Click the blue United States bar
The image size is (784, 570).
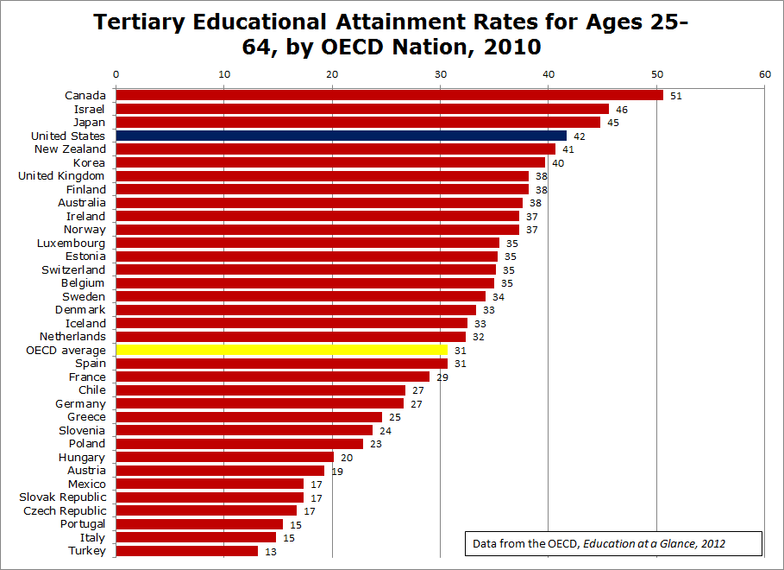click(x=341, y=136)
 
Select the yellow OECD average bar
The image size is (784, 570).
click(x=282, y=350)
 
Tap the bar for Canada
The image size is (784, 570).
click(x=389, y=95)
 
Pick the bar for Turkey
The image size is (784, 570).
click(x=186, y=551)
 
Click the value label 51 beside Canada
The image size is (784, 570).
click(x=675, y=96)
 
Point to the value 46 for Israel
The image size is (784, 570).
click(x=621, y=110)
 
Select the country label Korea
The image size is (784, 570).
click(x=89, y=162)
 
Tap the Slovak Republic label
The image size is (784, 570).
click(x=63, y=497)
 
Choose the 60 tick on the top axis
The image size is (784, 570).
click(x=764, y=74)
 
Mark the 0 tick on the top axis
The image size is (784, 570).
click(x=116, y=74)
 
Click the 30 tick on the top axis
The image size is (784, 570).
click(x=440, y=74)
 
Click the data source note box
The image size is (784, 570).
click(x=613, y=543)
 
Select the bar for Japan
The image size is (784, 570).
click(x=358, y=123)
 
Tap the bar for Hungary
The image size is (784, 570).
click(x=224, y=457)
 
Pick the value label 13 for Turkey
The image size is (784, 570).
click(x=269, y=551)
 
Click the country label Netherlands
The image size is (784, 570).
click(x=72, y=336)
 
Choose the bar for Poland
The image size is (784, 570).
click(x=240, y=444)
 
